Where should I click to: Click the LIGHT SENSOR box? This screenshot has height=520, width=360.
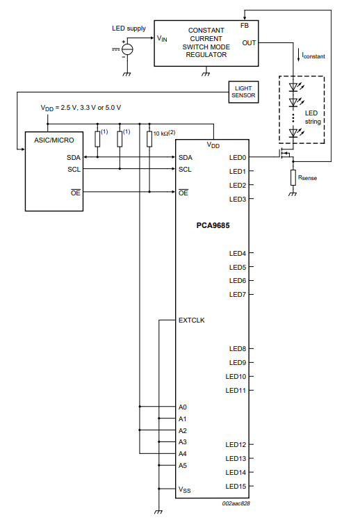[x=243, y=92]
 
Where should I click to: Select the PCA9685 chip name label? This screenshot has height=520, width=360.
[x=213, y=225]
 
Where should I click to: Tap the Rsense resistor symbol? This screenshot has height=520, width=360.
[x=293, y=177]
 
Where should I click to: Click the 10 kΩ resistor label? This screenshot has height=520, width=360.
[x=164, y=133]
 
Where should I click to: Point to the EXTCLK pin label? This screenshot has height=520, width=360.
[x=192, y=320]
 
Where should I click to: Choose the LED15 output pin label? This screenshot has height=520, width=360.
[x=236, y=487]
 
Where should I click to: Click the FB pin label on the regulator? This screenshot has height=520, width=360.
[x=245, y=26]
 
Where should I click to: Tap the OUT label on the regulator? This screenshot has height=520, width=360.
[x=249, y=43]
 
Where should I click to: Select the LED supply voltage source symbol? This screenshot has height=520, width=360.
[x=127, y=49]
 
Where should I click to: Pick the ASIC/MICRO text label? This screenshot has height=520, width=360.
[x=54, y=140]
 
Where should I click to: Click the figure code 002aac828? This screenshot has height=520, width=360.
[x=236, y=503]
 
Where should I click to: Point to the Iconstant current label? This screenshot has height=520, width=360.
[x=313, y=56]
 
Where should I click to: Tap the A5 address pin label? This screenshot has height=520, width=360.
[x=183, y=466]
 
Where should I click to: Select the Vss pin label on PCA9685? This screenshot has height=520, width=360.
[x=185, y=489]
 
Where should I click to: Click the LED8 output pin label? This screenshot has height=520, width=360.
[x=238, y=349]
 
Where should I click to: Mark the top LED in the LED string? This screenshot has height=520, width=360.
[x=293, y=87]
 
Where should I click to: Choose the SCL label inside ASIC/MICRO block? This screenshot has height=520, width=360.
[x=74, y=170]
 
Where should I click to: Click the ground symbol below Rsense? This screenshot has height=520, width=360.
[x=293, y=194]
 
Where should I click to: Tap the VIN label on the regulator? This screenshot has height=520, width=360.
[x=162, y=38]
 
